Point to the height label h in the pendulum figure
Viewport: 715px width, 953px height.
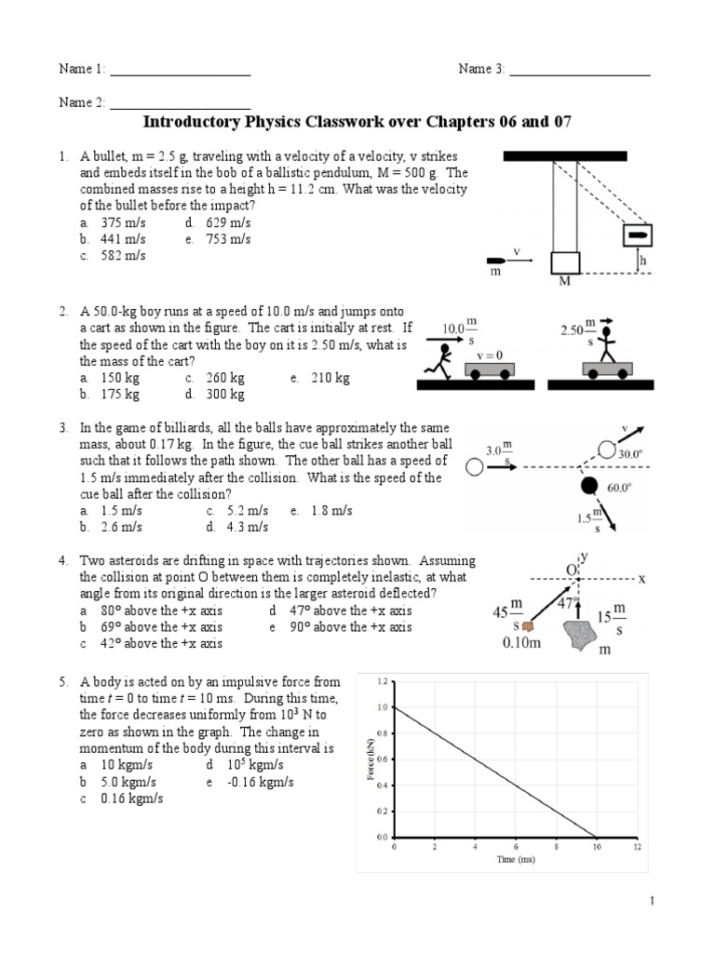[642, 262]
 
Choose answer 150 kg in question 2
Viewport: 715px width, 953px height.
[119, 378]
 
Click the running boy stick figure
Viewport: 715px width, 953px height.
[442, 360]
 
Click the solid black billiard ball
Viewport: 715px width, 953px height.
[588, 485]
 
